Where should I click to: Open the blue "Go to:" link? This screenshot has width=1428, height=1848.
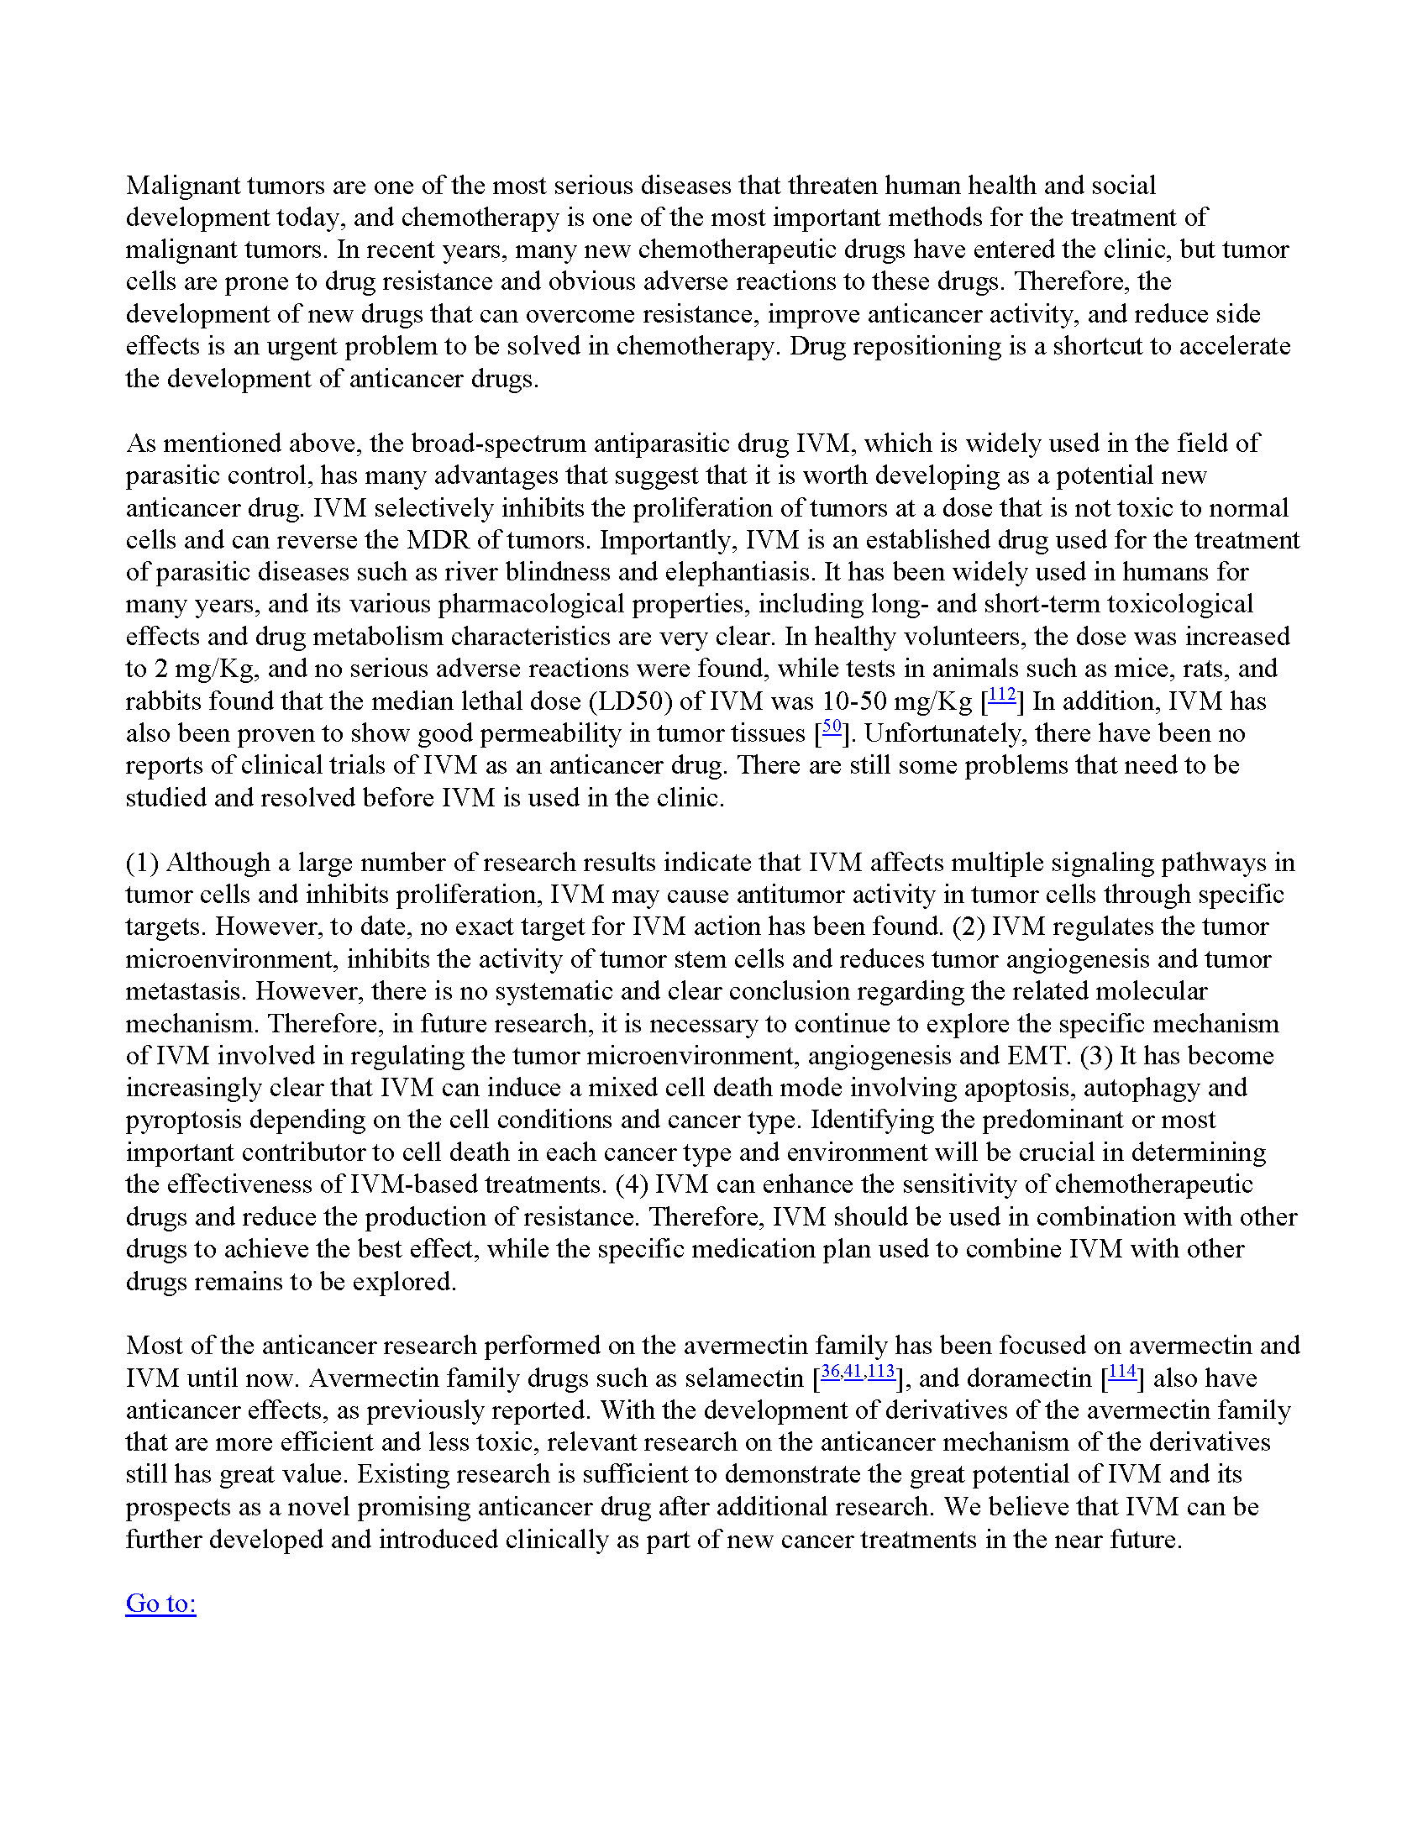click(160, 1603)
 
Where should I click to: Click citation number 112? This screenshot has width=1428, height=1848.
click(1001, 696)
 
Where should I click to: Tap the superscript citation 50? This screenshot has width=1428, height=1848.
click(832, 727)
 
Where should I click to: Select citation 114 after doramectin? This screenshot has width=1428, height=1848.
click(1121, 1373)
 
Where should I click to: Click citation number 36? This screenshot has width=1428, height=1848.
click(830, 1373)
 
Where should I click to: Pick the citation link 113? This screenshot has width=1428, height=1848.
click(881, 1373)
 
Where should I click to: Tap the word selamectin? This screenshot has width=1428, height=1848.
click(744, 1378)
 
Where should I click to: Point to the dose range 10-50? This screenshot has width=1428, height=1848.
click(859, 701)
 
